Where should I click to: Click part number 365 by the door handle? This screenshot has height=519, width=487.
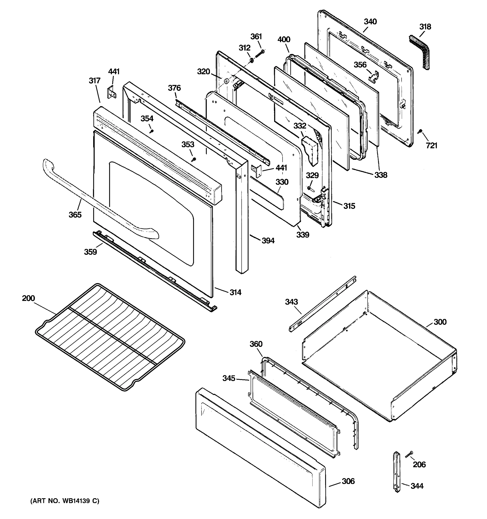pyautogui.click(x=75, y=215)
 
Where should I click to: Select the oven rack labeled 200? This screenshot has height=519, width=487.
pyautogui.click(x=110, y=337)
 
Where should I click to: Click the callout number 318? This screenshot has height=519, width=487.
pyautogui.click(x=425, y=27)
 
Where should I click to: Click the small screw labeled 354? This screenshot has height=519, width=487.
pyautogui.click(x=151, y=131)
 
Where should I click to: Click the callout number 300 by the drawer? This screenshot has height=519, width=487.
pyautogui.click(x=440, y=322)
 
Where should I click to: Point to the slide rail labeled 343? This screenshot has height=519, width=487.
pyautogui.click(x=323, y=304)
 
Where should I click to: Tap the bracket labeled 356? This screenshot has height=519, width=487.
pyautogui.click(x=374, y=77)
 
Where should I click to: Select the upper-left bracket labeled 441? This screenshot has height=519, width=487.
pyautogui.click(x=112, y=92)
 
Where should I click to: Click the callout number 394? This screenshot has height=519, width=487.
pyautogui.click(x=268, y=240)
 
